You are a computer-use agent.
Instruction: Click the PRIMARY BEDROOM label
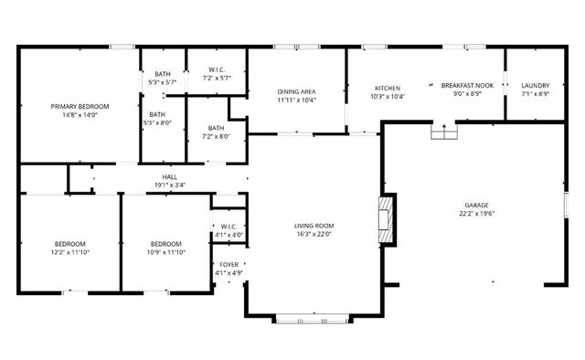[x=78, y=106]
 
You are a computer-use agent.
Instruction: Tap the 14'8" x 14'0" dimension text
[x=78, y=115]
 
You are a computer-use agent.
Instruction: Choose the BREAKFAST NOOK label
[x=467, y=85]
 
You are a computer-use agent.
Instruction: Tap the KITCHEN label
[x=387, y=88]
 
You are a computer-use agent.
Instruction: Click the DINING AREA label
[x=296, y=91]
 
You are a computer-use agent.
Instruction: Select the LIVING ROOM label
[x=314, y=226]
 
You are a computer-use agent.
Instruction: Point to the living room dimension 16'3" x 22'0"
[x=314, y=235]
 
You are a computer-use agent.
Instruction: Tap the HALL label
[x=170, y=176]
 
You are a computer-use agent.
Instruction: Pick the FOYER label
[x=229, y=264]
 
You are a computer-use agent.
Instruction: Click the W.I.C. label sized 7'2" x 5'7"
[x=217, y=69]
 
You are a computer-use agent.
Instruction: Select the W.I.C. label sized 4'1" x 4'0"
[x=229, y=227]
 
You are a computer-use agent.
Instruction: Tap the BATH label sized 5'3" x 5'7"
[x=162, y=74]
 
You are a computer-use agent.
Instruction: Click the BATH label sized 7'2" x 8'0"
[x=216, y=128]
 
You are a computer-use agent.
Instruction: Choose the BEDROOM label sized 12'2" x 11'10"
[x=69, y=243]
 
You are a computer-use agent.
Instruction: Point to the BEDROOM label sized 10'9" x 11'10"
[x=165, y=243]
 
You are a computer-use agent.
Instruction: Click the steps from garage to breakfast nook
[x=444, y=132]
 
